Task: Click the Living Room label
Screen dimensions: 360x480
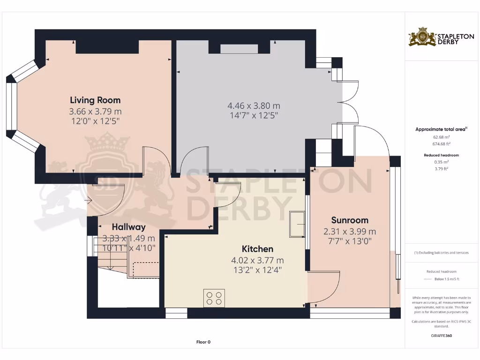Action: point(95,100)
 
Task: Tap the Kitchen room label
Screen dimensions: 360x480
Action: point(257,249)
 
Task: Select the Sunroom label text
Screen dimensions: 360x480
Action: point(350,220)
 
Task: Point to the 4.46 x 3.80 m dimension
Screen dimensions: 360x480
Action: point(254,106)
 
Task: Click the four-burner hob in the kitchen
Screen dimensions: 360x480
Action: point(214,298)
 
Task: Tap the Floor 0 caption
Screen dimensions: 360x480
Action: point(203,342)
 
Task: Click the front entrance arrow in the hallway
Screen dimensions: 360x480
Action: point(88,201)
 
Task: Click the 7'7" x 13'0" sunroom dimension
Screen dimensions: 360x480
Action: point(350,240)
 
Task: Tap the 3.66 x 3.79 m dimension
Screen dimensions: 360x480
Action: point(95,112)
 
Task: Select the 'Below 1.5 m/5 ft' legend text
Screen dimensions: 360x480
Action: point(446,279)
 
